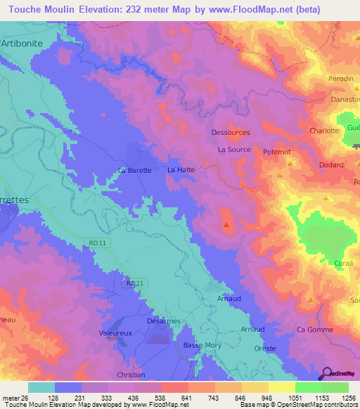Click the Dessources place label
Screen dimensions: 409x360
231,132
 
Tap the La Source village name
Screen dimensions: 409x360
234,150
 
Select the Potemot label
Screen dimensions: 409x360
277,152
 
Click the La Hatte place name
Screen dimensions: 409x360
181,170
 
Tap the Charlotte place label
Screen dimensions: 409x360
325,131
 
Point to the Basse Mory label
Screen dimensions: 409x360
202,345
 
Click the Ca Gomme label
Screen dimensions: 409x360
314,329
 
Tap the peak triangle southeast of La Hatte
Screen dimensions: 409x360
226,226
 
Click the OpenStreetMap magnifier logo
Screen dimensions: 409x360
327,373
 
